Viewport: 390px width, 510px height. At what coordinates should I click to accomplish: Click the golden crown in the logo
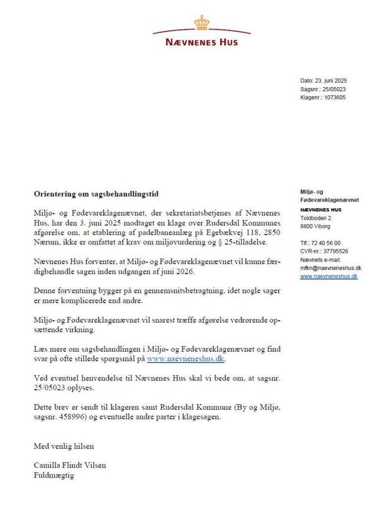point(202,22)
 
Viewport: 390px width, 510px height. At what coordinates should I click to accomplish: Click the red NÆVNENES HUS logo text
point(202,42)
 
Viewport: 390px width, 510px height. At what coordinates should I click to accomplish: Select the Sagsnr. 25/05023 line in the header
point(323,89)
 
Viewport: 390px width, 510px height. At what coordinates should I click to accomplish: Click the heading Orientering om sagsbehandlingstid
point(96,193)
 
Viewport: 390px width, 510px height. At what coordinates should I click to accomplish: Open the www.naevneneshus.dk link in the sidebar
point(329,276)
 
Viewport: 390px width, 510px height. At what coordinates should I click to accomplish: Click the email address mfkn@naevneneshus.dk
point(331,268)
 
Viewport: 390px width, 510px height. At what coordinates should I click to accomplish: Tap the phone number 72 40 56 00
point(327,243)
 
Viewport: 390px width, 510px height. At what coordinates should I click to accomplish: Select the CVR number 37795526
point(332,252)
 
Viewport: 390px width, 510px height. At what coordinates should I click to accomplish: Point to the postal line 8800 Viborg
point(316,227)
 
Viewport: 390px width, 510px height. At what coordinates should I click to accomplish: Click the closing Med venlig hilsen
point(64,446)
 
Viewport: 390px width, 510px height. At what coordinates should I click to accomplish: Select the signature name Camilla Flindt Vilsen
point(70,465)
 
